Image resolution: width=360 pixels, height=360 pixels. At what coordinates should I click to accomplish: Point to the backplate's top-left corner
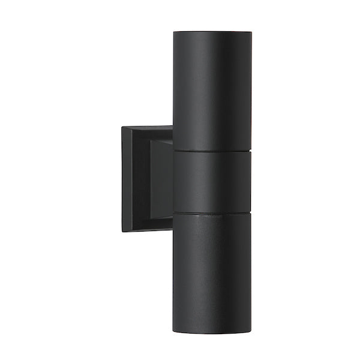122,125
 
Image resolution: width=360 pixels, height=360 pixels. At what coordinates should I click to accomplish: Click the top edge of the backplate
147,126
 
